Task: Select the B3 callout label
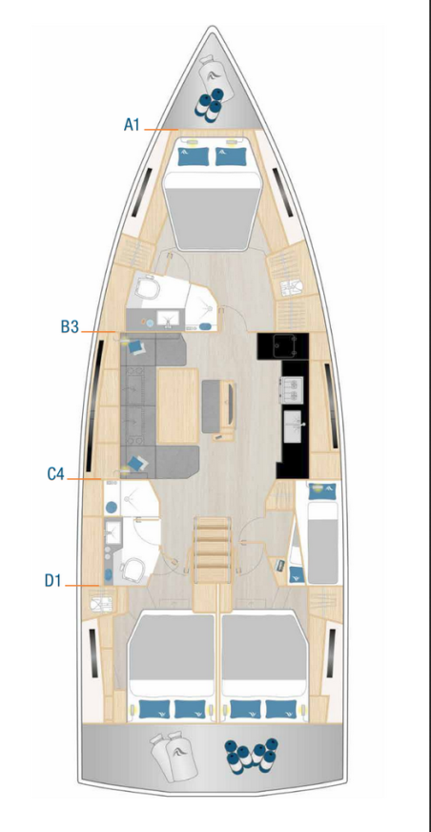click(x=69, y=326)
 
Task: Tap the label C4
click(x=56, y=473)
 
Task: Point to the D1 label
click(x=55, y=578)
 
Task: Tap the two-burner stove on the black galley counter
click(x=291, y=386)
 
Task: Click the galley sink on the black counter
click(x=293, y=423)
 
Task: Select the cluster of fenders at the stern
click(x=252, y=753)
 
